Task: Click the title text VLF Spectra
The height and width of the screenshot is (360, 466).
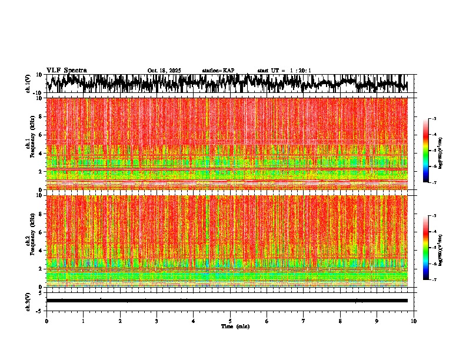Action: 66,71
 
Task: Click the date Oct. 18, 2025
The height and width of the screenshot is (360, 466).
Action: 164,71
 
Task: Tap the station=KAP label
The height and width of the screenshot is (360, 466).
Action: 218,71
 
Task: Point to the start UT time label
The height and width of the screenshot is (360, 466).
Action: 284,71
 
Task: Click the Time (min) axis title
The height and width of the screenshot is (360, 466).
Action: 235,326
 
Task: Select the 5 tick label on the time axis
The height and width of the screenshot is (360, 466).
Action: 230,321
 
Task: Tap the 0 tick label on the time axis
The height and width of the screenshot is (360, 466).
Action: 46,321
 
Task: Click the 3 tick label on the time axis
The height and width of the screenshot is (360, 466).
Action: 157,321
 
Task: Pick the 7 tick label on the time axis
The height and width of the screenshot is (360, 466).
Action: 304,321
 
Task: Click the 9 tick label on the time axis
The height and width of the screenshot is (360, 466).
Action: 377,321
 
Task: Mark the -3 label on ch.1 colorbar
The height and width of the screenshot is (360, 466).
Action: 434,119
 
